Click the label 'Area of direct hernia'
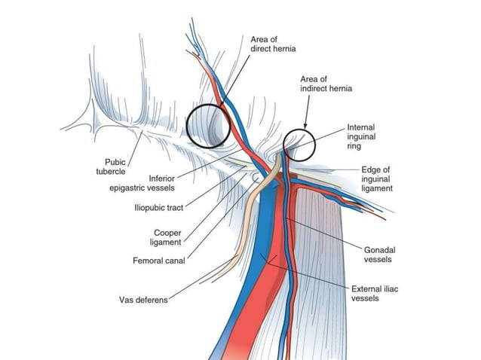click(x=274, y=44)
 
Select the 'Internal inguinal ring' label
click(x=360, y=136)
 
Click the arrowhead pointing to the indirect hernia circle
click(x=305, y=125)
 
